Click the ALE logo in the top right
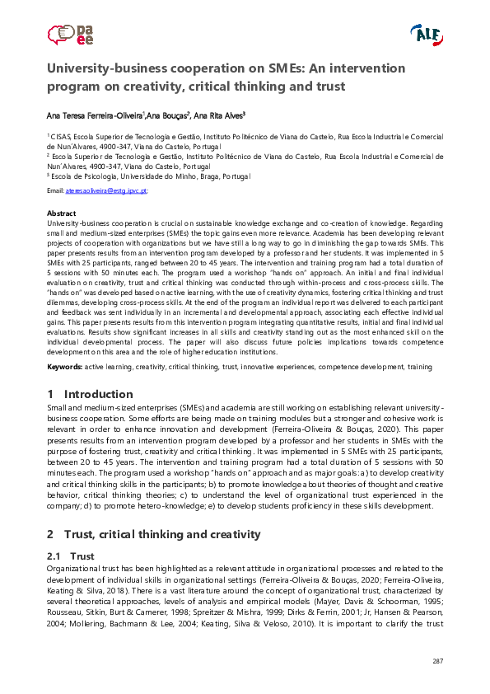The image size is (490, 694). point(426,35)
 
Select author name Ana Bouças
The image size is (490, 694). point(170,116)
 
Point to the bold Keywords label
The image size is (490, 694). point(65,365)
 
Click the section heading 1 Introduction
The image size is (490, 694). point(90,394)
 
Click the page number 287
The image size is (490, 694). point(437,662)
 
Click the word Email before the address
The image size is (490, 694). point(55,190)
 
